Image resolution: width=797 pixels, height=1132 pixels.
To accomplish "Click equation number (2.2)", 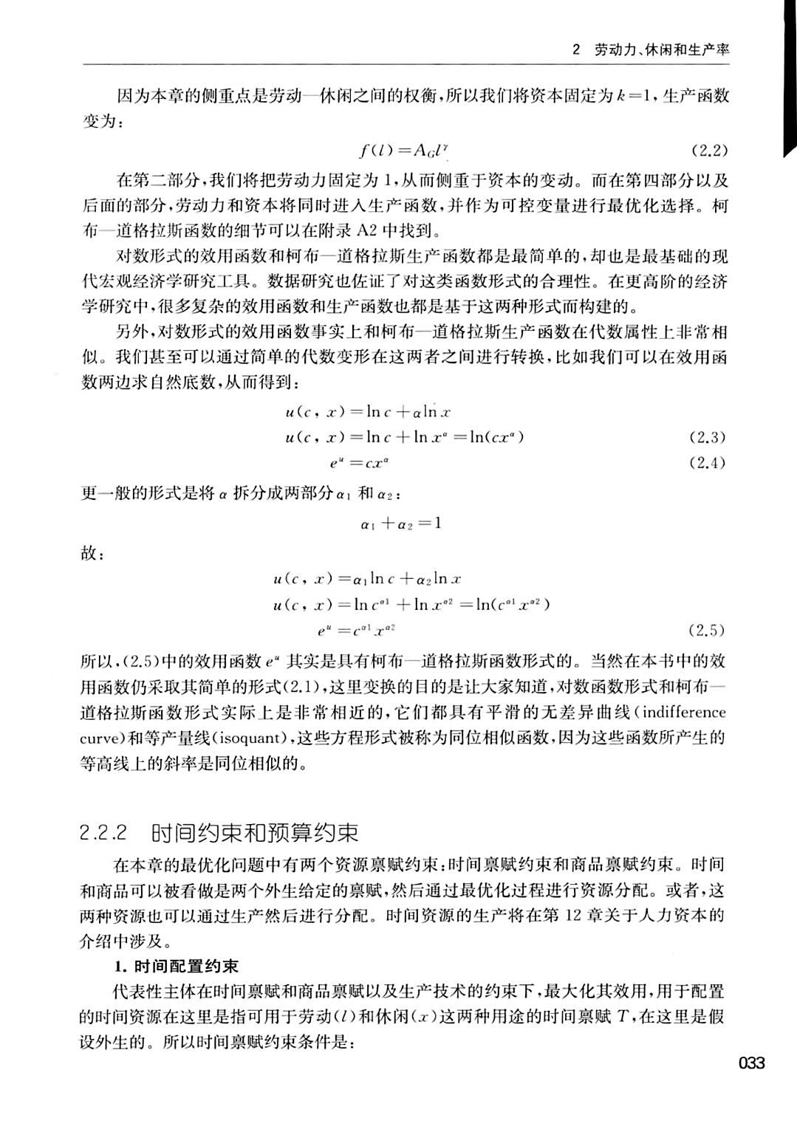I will click(x=709, y=151).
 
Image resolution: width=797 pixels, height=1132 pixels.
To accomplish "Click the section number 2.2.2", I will click(x=104, y=833).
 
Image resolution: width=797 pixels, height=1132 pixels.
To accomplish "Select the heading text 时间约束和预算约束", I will click(x=255, y=833).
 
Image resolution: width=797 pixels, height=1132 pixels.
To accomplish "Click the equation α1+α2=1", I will click(x=401, y=524).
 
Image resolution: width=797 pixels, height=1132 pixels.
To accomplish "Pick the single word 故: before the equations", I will click(x=89, y=553).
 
